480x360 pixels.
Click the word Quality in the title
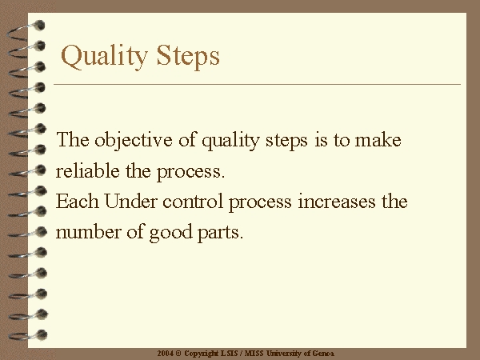(104, 56)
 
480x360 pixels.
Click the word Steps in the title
(188, 55)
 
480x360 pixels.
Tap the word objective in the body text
(133, 141)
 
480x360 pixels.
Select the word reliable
(87, 170)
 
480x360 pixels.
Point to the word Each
(77, 201)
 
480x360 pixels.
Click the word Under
(130, 201)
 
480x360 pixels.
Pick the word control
(192, 201)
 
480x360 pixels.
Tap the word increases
(337, 202)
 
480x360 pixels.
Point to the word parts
(220, 234)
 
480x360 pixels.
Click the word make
(378, 139)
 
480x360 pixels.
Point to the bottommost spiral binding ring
(28, 335)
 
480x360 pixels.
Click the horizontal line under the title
(257, 84)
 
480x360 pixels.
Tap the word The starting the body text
(73, 139)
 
